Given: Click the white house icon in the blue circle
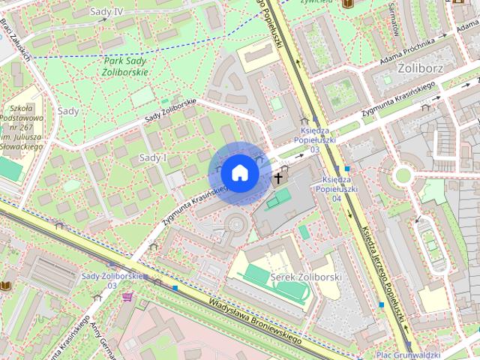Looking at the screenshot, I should pos(239,172).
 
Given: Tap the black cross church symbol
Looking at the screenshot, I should pos(278,178).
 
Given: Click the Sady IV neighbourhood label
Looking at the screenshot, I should pos(106,11).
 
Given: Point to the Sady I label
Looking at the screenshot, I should pos(153,157).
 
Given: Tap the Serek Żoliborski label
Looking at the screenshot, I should pos(305,277).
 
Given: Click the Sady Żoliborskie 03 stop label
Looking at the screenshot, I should pos(113,280).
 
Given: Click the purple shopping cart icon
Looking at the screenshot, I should pos(127,297).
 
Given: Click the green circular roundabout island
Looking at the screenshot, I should pos(403,175).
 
